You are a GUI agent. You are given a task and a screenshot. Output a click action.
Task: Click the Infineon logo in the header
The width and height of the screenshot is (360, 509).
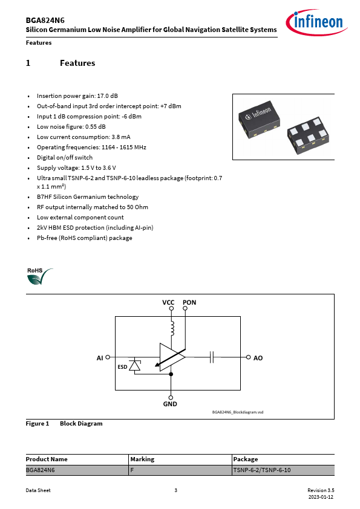pyautogui.click(x=316, y=22)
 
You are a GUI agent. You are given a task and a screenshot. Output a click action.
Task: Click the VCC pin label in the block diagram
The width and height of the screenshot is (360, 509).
pyautogui.click(x=168, y=302)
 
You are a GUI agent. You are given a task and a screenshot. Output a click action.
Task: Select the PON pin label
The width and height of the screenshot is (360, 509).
pyautogui.click(x=189, y=302)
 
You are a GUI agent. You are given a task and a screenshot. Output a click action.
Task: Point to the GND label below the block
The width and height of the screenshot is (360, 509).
pyautogui.click(x=170, y=404)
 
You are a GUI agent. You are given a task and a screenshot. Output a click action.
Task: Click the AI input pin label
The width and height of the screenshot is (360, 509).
pyautogui.click(x=100, y=358)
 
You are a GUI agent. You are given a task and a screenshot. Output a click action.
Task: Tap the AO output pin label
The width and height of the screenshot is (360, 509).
pyautogui.click(x=258, y=358)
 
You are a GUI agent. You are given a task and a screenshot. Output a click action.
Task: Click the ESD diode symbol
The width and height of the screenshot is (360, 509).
pyautogui.click(x=134, y=365)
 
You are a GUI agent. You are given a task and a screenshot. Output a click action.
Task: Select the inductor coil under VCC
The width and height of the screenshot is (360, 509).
pyautogui.click(x=172, y=328)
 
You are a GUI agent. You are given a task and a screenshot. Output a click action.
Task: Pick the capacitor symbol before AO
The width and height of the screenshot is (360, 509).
pyautogui.click(x=212, y=357)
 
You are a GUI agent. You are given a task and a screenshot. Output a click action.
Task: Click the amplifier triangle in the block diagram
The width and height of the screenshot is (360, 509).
pyautogui.click(x=172, y=357)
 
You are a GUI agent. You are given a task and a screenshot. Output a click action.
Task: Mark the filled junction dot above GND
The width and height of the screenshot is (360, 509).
pyautogui.click(x=171, y=374)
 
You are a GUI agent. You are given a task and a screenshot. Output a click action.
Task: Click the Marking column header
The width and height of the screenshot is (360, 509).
pyautogui.click(x=142, y=459)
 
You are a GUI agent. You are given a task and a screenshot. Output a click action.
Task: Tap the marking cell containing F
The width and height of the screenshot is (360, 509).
pyautogui.click(x=180, y=470)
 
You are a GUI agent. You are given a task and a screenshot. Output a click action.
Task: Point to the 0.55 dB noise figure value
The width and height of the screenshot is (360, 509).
pyautogui.click(x=96, y=126)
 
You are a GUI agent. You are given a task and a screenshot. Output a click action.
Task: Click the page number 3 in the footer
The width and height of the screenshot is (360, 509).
pyautogui.click(x=176, y=490)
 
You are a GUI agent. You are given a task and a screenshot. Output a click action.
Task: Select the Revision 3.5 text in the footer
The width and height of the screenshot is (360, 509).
pyautogui.click(x=321, y=490)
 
